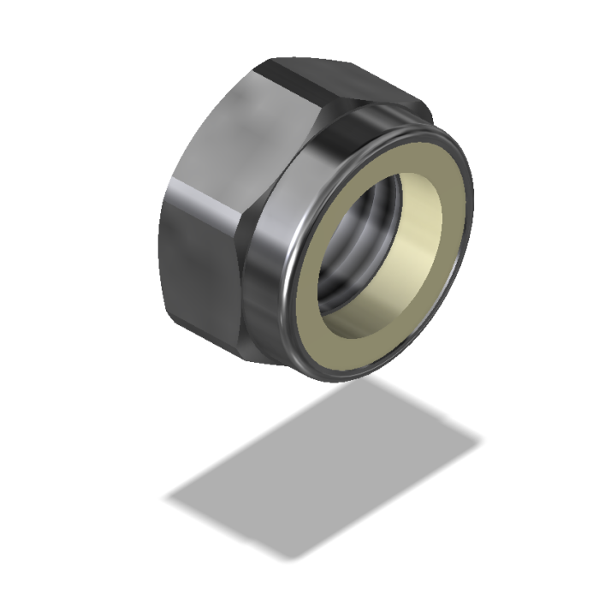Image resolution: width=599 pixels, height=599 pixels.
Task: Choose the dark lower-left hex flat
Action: pyautogui.click(x=197, y=274)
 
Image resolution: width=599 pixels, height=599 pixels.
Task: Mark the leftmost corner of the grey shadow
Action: pyautogui.click(x=166, y=496)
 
